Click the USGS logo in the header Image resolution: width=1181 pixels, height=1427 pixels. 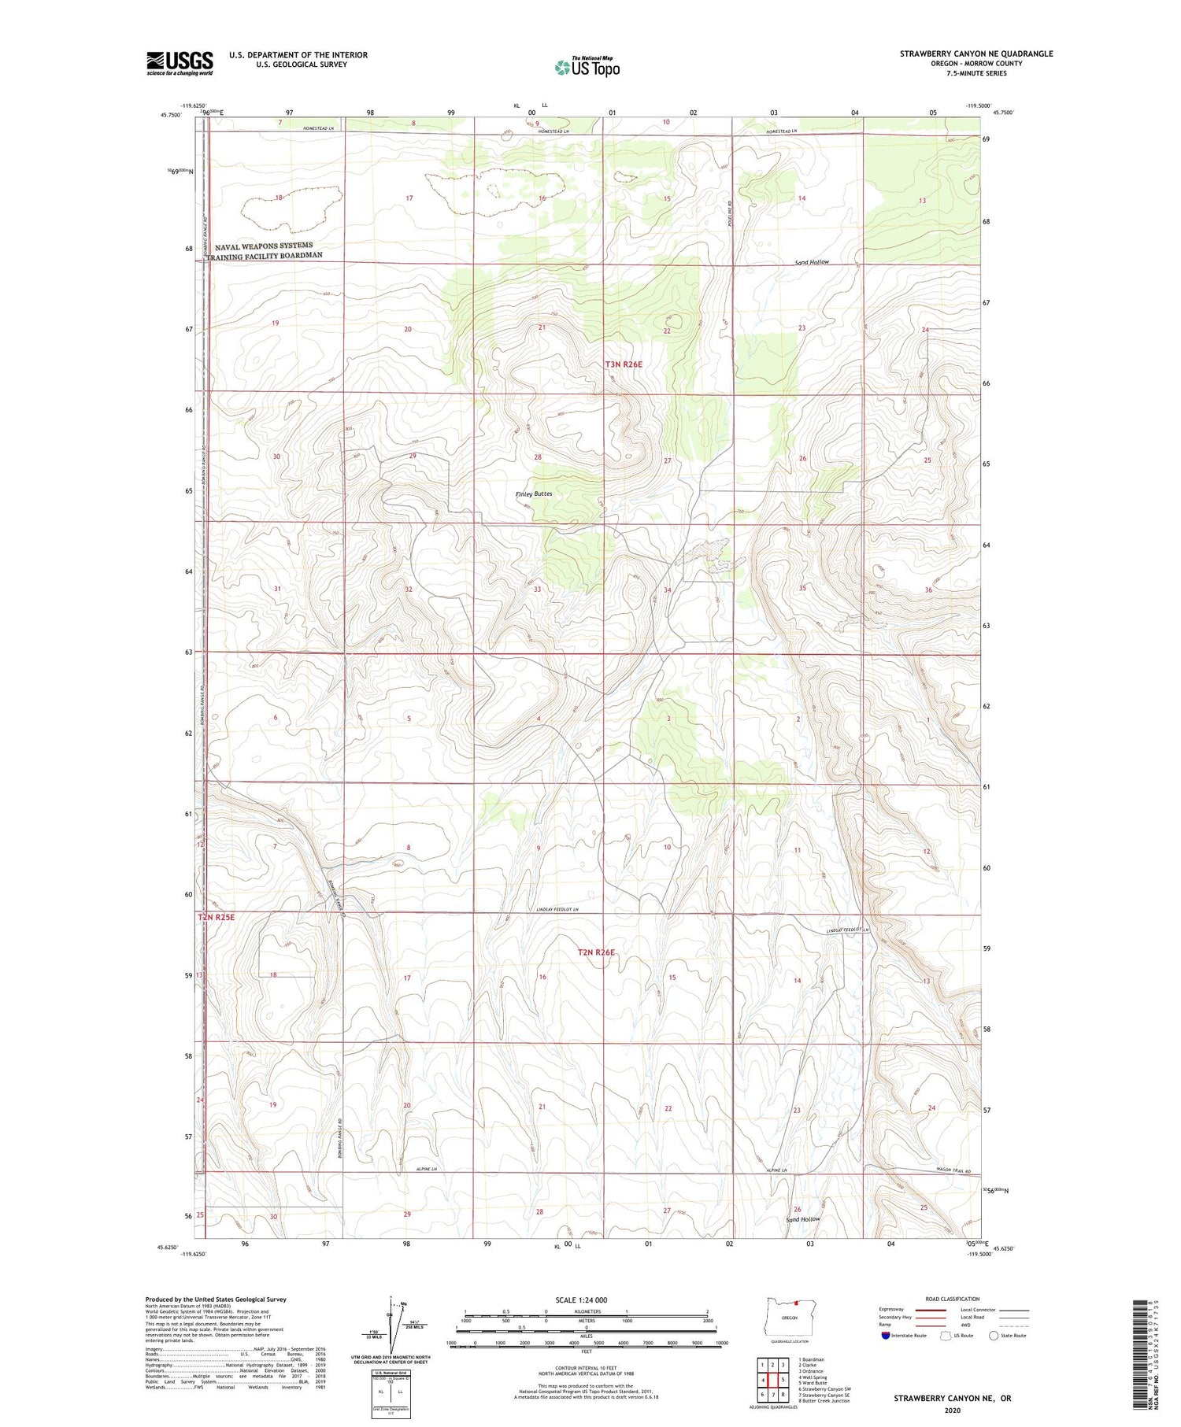[180, 62]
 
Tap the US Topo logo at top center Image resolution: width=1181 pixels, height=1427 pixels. [587, 67]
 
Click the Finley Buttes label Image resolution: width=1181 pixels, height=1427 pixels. [534, 494]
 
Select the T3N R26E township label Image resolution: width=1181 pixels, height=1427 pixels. [624, 364]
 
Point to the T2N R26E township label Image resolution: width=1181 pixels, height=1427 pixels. [596, 952]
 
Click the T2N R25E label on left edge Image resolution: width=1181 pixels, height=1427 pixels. [216, 917]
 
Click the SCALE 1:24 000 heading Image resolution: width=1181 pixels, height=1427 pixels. [586, 1299]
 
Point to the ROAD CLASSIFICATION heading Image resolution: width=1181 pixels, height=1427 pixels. [953, 1299]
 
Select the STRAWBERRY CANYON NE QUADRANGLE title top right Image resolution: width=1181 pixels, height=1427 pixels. [976, 54]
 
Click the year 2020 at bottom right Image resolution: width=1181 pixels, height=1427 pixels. [952, 1410]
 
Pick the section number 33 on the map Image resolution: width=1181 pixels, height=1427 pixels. [537, 589]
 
